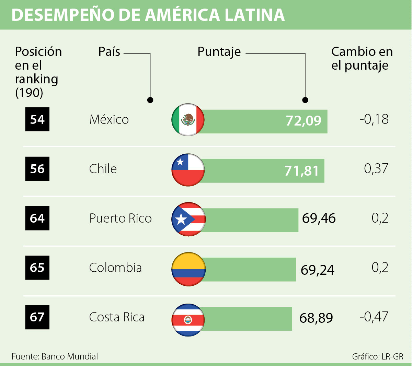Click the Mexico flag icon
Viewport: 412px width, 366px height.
[x=188, y=119]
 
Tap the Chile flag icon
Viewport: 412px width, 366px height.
[x=188, y=170]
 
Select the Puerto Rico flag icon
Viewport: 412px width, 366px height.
[x=188, y=219]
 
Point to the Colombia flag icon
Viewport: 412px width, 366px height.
[x=188, y=269]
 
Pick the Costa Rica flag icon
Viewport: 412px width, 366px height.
[x=188, y=320]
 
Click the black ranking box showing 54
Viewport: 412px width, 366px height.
[x=37, y=119]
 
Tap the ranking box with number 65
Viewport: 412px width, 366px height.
[x=37, y=268]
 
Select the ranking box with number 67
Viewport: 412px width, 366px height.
[x=37, y=317]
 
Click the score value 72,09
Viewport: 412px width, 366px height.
[x=304, y=121]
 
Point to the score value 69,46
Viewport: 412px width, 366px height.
[x=319, y=219]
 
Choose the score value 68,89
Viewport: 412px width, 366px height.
[x=316, y=318]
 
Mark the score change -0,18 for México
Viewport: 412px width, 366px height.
[x=374, y=119]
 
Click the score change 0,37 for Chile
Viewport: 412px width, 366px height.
[x=376, y=168]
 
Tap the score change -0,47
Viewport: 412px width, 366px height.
[x=374, y=317]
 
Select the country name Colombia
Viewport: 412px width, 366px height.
[x=115, y=268]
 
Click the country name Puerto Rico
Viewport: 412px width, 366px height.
[x=120, y=218]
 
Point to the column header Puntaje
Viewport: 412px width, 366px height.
[x=219, y=52]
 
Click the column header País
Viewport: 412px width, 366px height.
[x=109, y=51]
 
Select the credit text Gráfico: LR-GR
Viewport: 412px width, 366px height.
[x=378, y=356]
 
